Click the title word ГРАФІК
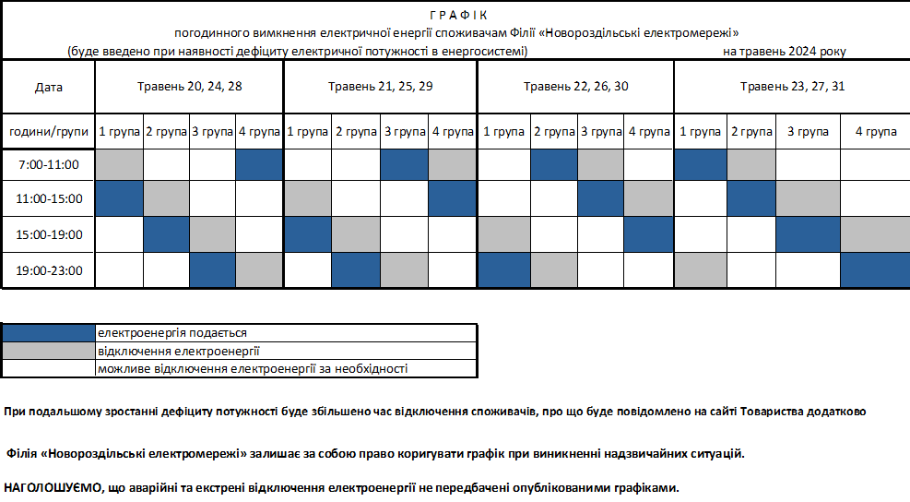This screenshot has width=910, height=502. pos(457,16)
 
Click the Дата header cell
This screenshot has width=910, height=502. pos(49,88)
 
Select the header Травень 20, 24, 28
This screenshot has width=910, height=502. pos(190,88)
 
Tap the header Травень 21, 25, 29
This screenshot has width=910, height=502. pos(380,88)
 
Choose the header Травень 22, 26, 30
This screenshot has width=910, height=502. pos(576,88)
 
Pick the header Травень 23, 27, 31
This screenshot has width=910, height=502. pos(792,88)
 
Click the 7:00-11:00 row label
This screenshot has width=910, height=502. pos(49,165)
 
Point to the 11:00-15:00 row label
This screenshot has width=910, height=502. pos(49,198)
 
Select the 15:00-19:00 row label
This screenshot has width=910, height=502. pos(49,234)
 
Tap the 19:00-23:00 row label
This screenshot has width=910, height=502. pos(49,270)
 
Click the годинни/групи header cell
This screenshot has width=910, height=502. pos(49,132)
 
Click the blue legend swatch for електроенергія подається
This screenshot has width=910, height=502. pos(49,332)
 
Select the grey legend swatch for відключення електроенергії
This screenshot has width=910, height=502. pos(49,351)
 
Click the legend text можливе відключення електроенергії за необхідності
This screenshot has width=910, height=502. pos(252,369)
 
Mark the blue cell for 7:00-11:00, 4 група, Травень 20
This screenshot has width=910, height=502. pos(259,165)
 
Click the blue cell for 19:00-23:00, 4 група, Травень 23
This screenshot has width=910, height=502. pos(875,270)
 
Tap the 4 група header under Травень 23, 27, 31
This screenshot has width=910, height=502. pos(875,132)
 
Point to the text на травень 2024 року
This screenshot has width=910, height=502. pos(784,52)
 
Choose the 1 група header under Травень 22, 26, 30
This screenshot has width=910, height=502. pos(503,132)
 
